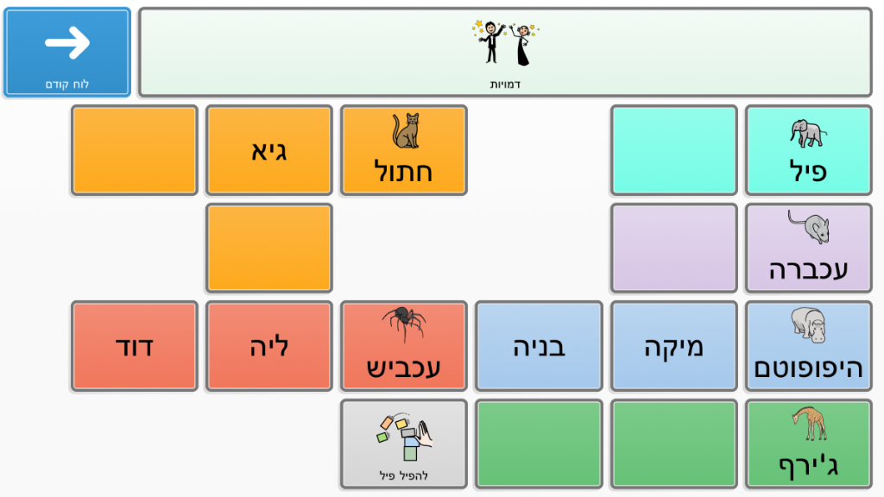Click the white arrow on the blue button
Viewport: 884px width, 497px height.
pyautogui.click(x=67, y=42)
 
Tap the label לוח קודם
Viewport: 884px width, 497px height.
pyautogui.click(x=67, y=85)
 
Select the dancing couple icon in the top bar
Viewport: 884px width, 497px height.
pyautogui.click(x=506, y=43)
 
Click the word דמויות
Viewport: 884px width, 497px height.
pyautogui.click(x=505, y=85)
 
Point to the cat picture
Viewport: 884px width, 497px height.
pyautogui.click(x=406, y=131)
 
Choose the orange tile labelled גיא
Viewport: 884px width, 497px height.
pyautogui.click(x=269, y=150)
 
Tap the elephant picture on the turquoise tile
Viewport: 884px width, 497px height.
pyautogui.click(x=808, y=134)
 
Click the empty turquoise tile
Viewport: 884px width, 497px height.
pyautogui.click(x=673, y=150)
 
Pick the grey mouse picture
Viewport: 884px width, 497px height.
pyautogui.click(x=809, y=227)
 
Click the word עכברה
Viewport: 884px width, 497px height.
pyautogui.click(x=808, y=270)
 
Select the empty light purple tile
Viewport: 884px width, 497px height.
pyautogui.click(x=673, y=248)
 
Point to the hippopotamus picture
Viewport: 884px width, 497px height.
pyautogui.click(x=808, y=324)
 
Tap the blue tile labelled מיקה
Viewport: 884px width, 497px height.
pyautogui.click(x=673, y=346)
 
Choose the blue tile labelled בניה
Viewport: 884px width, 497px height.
pyautogui.click(x=539, y=346)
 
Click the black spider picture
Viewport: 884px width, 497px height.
pyautogui.click(x=404, y=324)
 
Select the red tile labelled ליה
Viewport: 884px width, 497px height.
pyautogui.click(x=269, y=346)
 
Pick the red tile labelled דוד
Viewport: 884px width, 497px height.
pyautogui.click(x=134, y=346)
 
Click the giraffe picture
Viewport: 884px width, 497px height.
pyautogui.click(x=809, y=423)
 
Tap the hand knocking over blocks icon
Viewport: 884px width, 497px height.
pyautogui.click(x=405, y=437)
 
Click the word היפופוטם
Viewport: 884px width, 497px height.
pyautogui.click(x=808, y=368)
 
